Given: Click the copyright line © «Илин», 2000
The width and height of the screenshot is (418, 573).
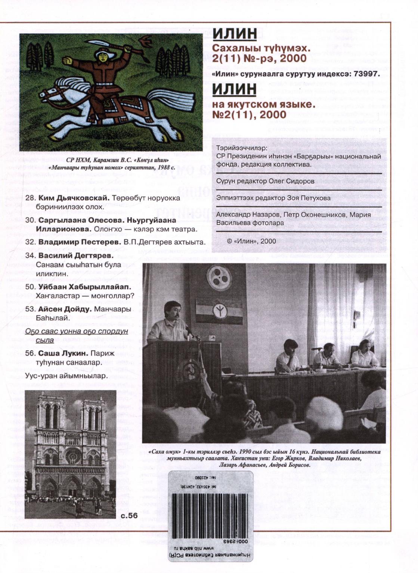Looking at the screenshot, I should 251,241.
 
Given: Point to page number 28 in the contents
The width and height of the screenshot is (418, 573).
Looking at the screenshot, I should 30,198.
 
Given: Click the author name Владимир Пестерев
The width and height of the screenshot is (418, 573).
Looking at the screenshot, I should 80,242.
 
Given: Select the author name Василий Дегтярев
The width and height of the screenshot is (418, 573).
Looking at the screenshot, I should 76,256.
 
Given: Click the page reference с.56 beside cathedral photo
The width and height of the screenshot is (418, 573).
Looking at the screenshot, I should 129,516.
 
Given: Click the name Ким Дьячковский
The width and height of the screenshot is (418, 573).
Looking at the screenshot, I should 74,198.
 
